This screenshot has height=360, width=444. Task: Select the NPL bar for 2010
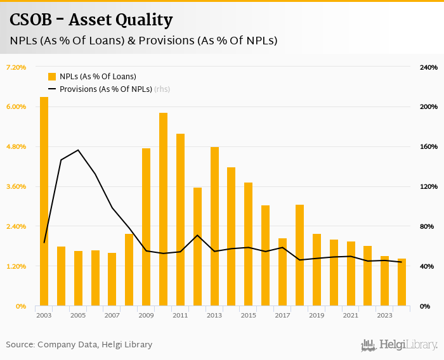click(x=163, y=209)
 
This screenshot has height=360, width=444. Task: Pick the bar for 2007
click(x=112, y=280)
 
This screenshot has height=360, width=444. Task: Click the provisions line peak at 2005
click(x=78, y=150)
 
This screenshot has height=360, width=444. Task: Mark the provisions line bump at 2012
click(x=197, y=235)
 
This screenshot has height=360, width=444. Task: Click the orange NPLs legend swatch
click(x=53, y=77)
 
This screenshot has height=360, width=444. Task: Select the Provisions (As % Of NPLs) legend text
click(x=105, y=89)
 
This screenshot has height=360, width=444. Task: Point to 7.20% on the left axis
click(x=16, y=67)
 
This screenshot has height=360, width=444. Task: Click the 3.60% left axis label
click(x=16, y=186)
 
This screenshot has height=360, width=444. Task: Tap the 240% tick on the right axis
click(x=429, y=67)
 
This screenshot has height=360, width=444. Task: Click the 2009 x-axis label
click(x=146, y=315)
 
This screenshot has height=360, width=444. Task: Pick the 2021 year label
click(x=350, y=315)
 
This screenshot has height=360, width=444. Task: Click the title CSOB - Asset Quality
click(x=91, y=20)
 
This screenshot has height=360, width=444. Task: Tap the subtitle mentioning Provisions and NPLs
click(x=143, y=41)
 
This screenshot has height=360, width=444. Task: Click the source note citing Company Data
click(x=79, y=345)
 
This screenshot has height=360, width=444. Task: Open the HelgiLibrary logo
click(x=399, y=345)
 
